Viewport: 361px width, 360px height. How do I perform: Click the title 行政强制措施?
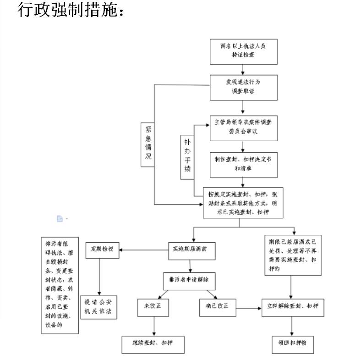[x=71, y=10]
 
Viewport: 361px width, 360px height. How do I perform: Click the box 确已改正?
[x=217, y=307]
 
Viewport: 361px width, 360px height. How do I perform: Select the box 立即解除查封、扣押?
[x=293, y=307]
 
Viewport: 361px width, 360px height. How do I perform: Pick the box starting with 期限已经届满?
[x=293, y=255]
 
